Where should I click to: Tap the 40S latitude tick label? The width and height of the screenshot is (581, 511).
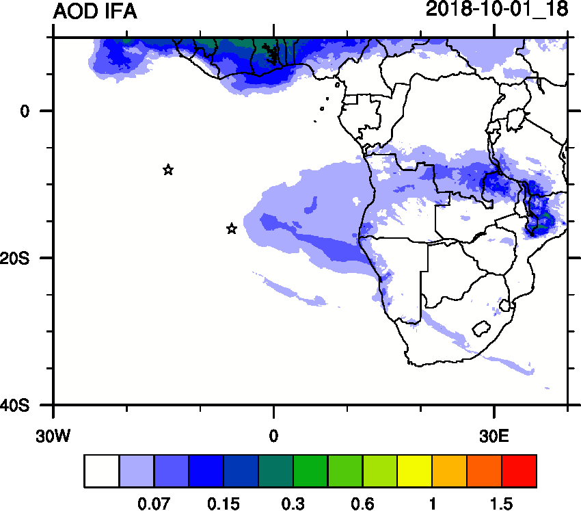tap(14, 406)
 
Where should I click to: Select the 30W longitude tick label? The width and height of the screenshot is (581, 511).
tap(54, 434)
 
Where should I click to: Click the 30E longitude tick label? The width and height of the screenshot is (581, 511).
tap(494, 434)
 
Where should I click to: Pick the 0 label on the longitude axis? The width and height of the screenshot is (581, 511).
tap(273, 434)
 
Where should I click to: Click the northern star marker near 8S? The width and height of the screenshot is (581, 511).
tap(168, 170)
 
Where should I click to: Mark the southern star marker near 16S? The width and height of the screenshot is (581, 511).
tap(232, 228)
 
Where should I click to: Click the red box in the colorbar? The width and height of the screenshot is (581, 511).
tap(519, 471)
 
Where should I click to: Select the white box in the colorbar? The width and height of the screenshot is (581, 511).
tap(102, 471)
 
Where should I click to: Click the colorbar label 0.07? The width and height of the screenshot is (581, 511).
tap(154, 504)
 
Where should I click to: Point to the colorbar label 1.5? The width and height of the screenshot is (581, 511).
tap(501, 504)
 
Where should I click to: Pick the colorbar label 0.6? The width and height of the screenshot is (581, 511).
tap(362, 504)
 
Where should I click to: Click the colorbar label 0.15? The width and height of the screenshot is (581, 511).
tap(224, 504)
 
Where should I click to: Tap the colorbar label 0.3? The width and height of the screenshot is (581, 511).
tap(293, 504)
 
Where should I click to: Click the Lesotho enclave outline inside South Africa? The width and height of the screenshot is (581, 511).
tap(483, 328)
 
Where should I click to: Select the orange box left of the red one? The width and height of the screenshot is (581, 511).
tap(484, 471)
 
